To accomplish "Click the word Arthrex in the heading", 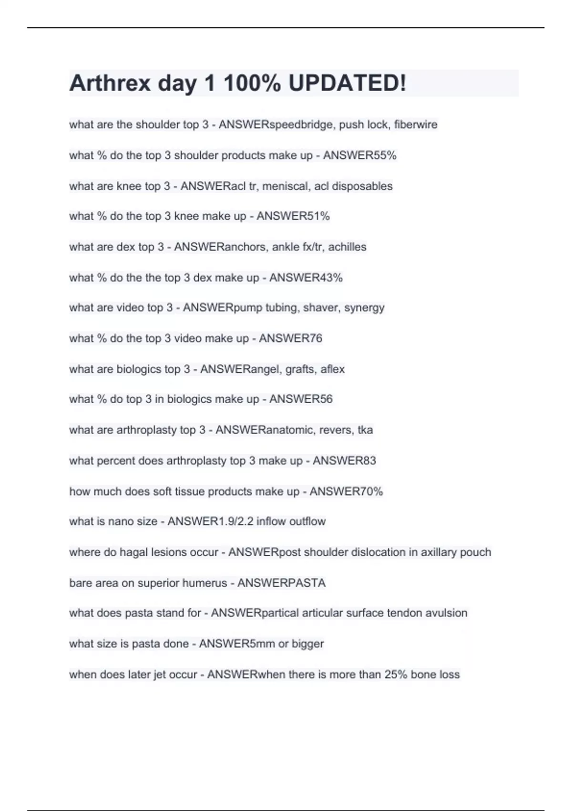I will (110, 83).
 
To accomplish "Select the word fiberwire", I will (416, 125).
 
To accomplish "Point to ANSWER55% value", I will (360, 156).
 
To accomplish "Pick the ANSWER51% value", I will (293, 216).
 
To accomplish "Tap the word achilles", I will (347, 247).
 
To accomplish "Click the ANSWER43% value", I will (306, 278).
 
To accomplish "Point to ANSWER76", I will (291, 338).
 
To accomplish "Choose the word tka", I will (365, 430).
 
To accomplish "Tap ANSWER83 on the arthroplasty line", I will (344, 460).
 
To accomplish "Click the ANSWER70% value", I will (346, 491).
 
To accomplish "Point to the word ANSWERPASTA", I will (281, 583).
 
